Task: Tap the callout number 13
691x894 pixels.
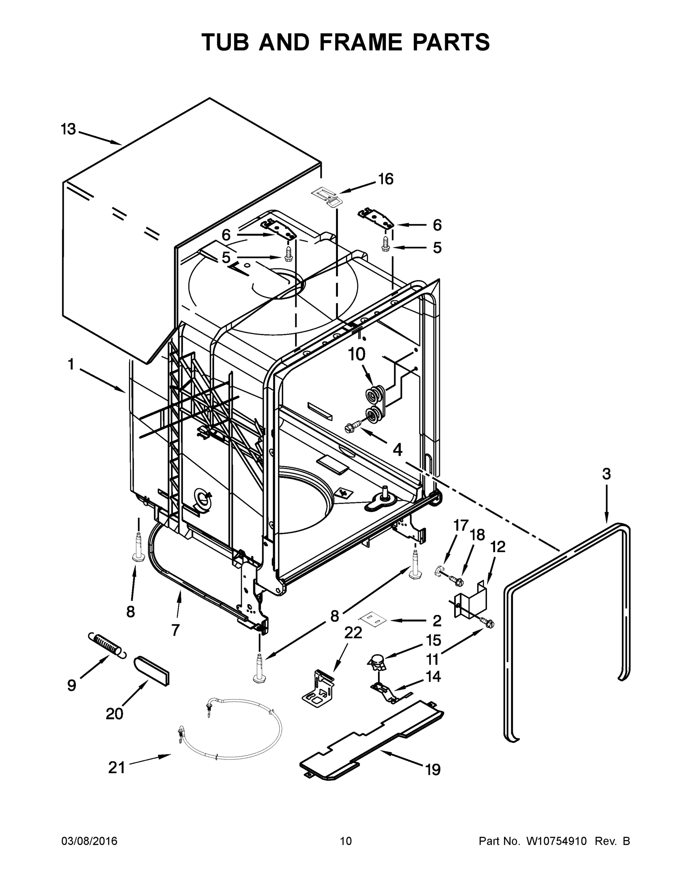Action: [x=69, y=129]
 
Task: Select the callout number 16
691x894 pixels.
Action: [x=385, y=179]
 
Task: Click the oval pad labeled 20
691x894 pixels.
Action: [x=152, y=670]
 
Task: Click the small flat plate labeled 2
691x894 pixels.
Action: [x=373, y=620]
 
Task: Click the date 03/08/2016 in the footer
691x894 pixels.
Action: [x=89, y=841]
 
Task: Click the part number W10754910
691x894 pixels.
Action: [x=556, y=841]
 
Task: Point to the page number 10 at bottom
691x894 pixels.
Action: [x=346, y=841]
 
